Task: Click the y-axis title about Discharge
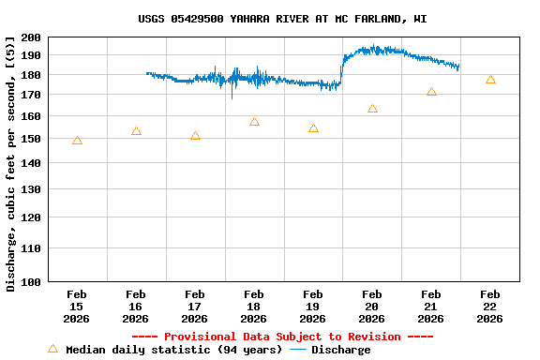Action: point(11,163)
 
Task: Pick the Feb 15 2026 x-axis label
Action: point(77,307)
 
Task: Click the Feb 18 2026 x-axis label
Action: point(254,307)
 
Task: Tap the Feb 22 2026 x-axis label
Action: point(489,307)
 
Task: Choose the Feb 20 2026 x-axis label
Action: point(372,307)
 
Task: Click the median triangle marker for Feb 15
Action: point(77,141)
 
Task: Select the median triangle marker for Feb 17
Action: point(195,136)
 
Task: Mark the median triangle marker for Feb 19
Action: point(313,128)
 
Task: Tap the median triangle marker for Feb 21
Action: point(431,92)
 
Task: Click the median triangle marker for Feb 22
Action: point(490,80)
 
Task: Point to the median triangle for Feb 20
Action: point(372,109)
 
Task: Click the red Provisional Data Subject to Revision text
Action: point(282,337)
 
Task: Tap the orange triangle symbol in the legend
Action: point(52,349)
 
